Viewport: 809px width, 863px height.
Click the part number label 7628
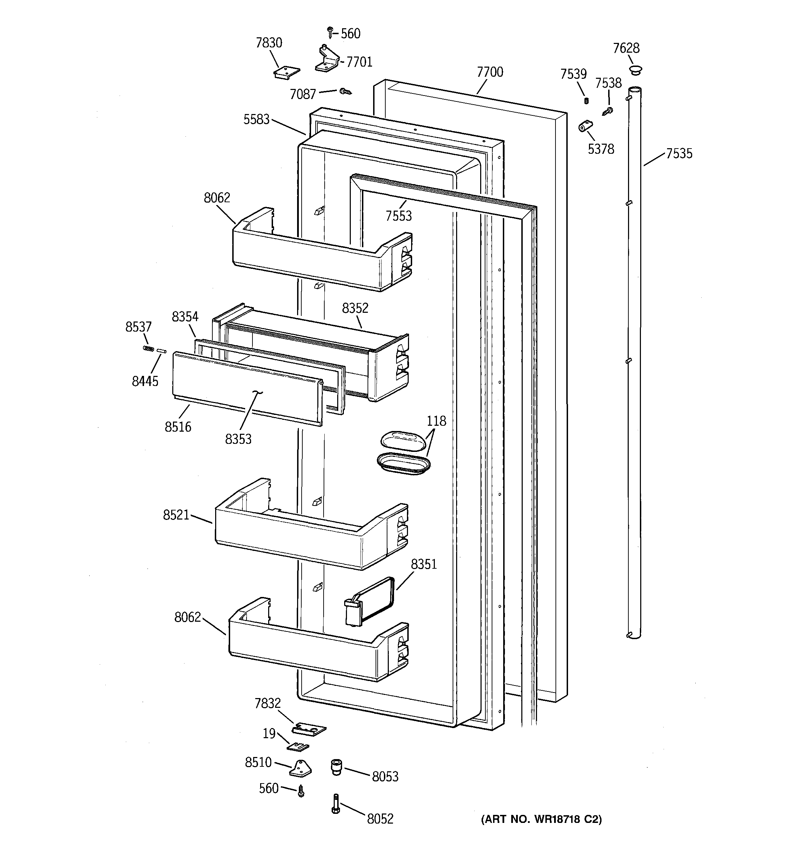[x=626, y=48]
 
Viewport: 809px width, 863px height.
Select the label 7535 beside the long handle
[x=679, y=154]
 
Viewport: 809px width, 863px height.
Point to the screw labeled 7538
[x=608, y=111]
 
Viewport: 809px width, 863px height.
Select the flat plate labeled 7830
[x=287, y=72]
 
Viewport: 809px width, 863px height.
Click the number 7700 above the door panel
[x=490, y=72]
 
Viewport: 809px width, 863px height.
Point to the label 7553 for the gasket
[x=399, y=216]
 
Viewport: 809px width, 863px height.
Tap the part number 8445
[x=145, y=381]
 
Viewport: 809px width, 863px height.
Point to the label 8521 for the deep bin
[x=176, y=515]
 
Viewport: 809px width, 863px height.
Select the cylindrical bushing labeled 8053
[x=336, y=767]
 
